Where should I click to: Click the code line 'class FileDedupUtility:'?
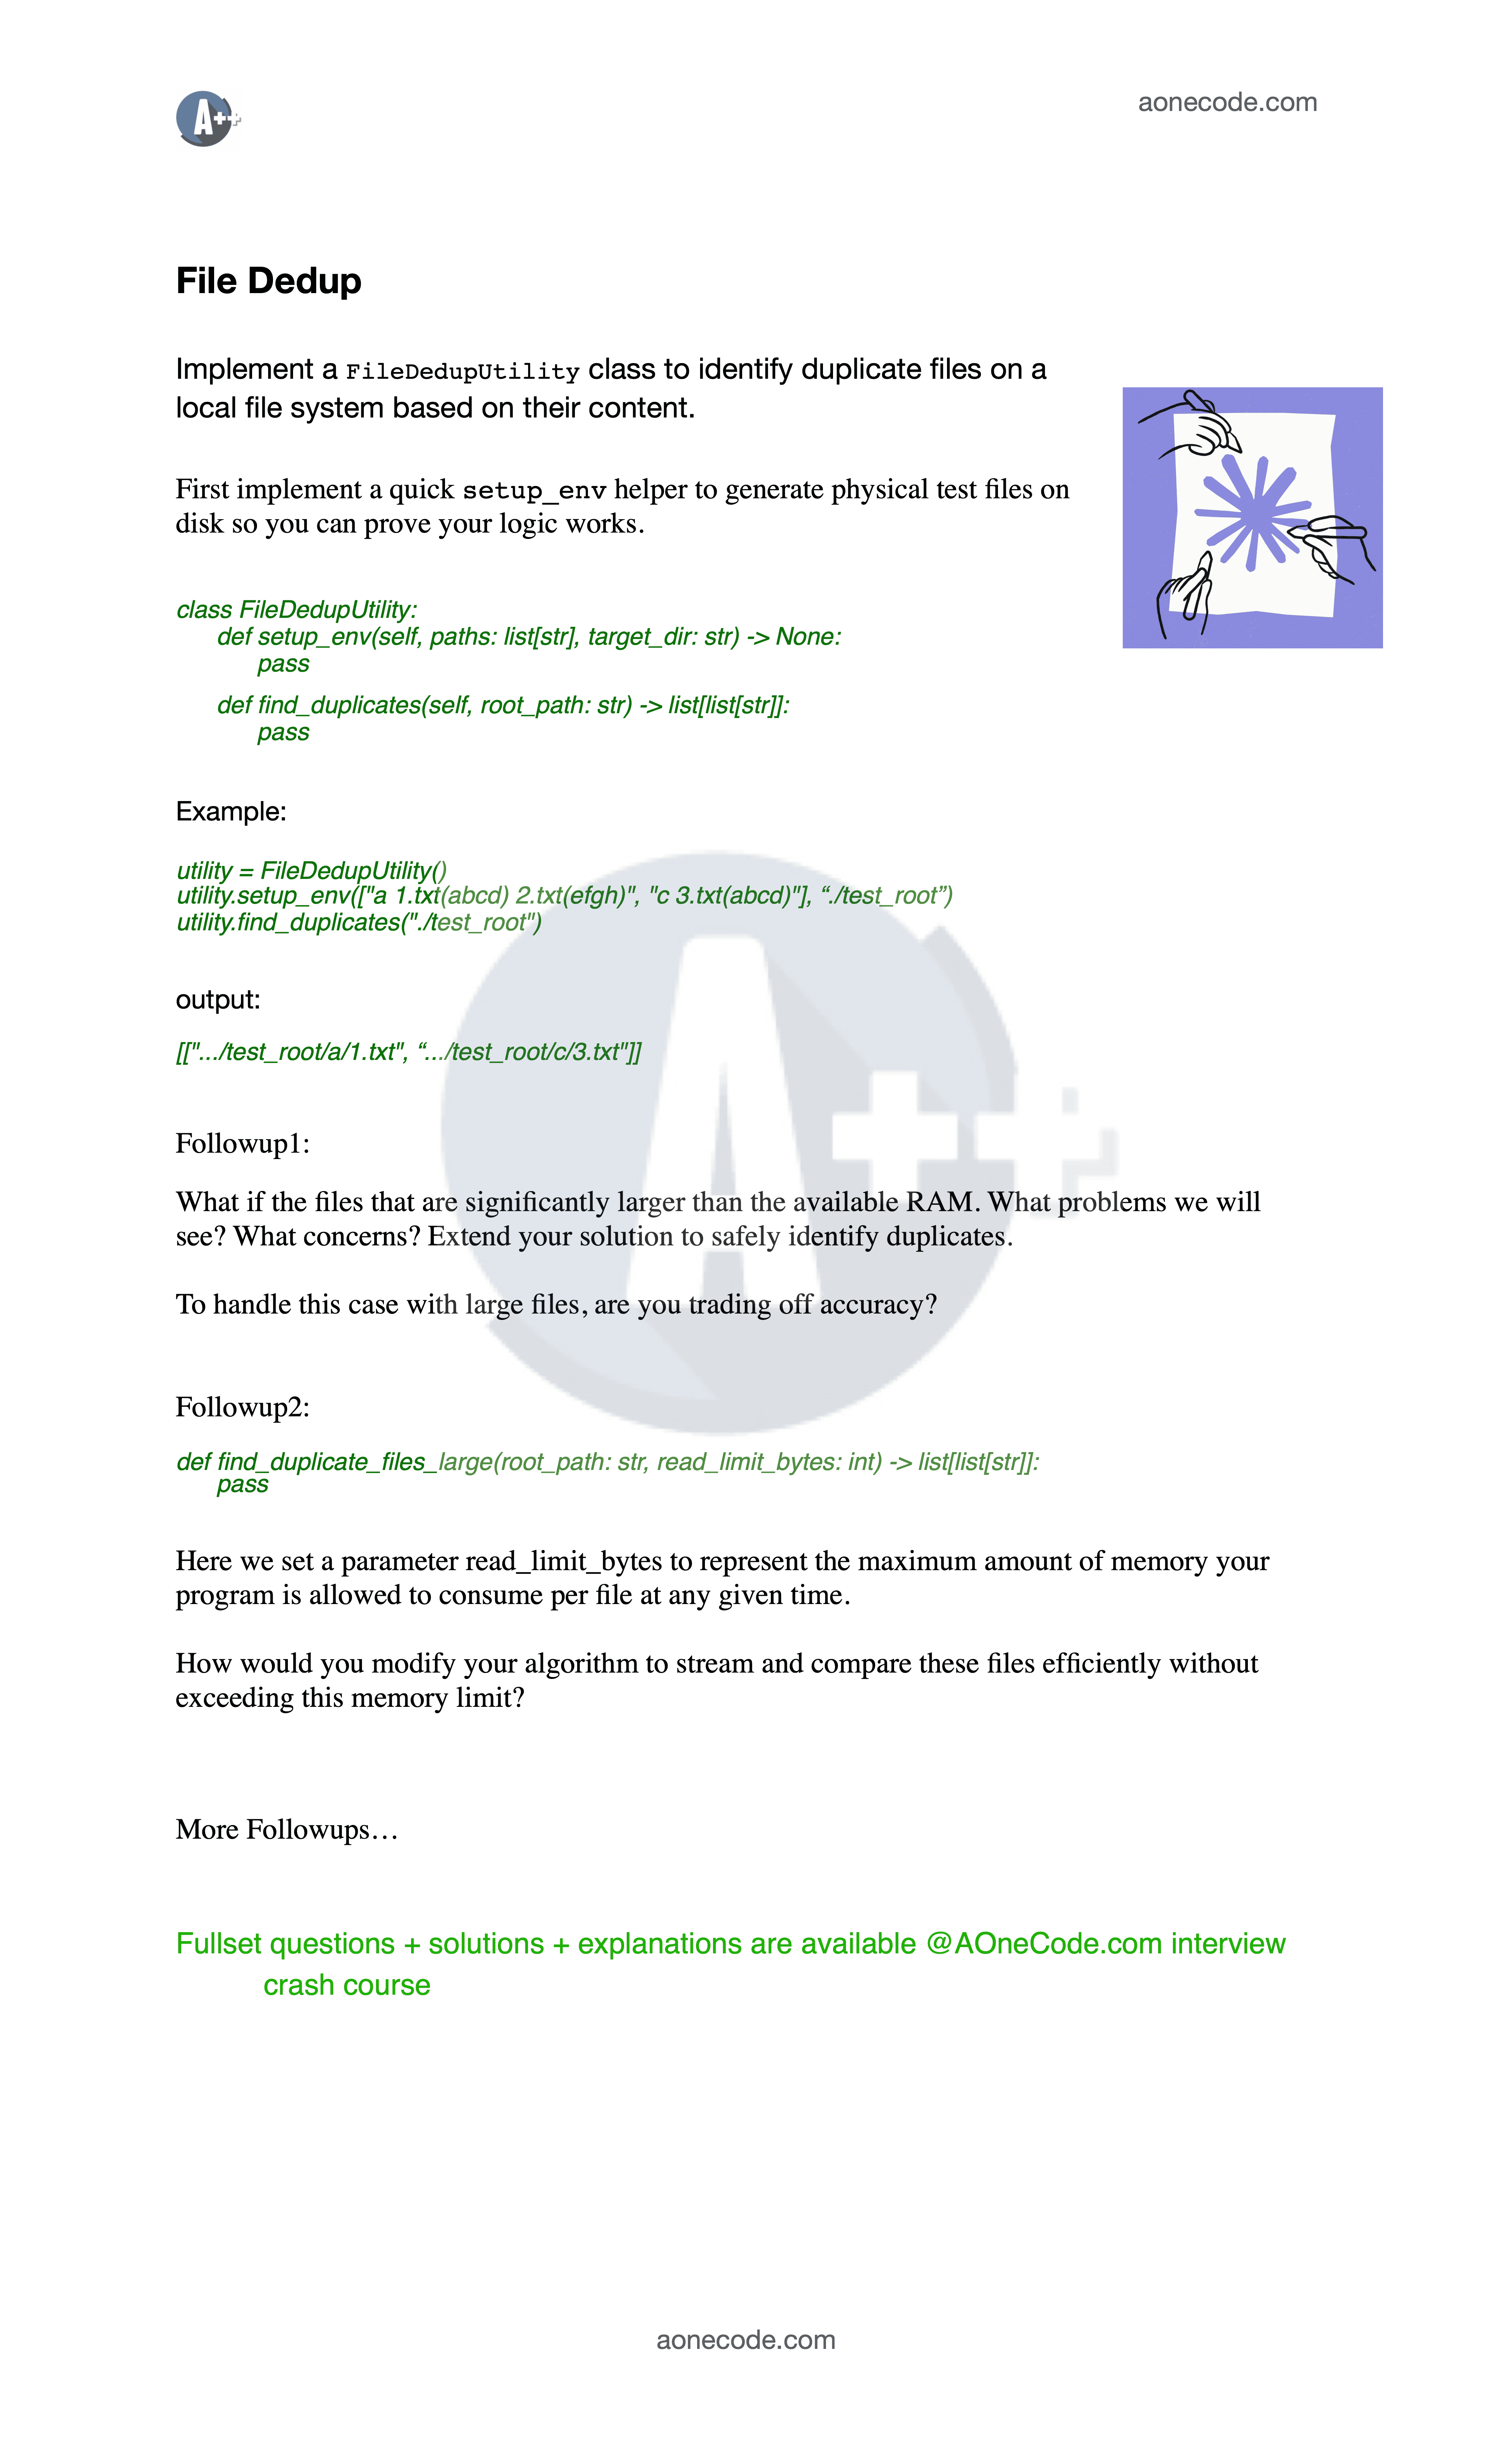point(296,610)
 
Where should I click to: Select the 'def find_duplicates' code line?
point(502,705)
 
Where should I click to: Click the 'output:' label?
point(218,1000)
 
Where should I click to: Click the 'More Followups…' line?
point(287,1830)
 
